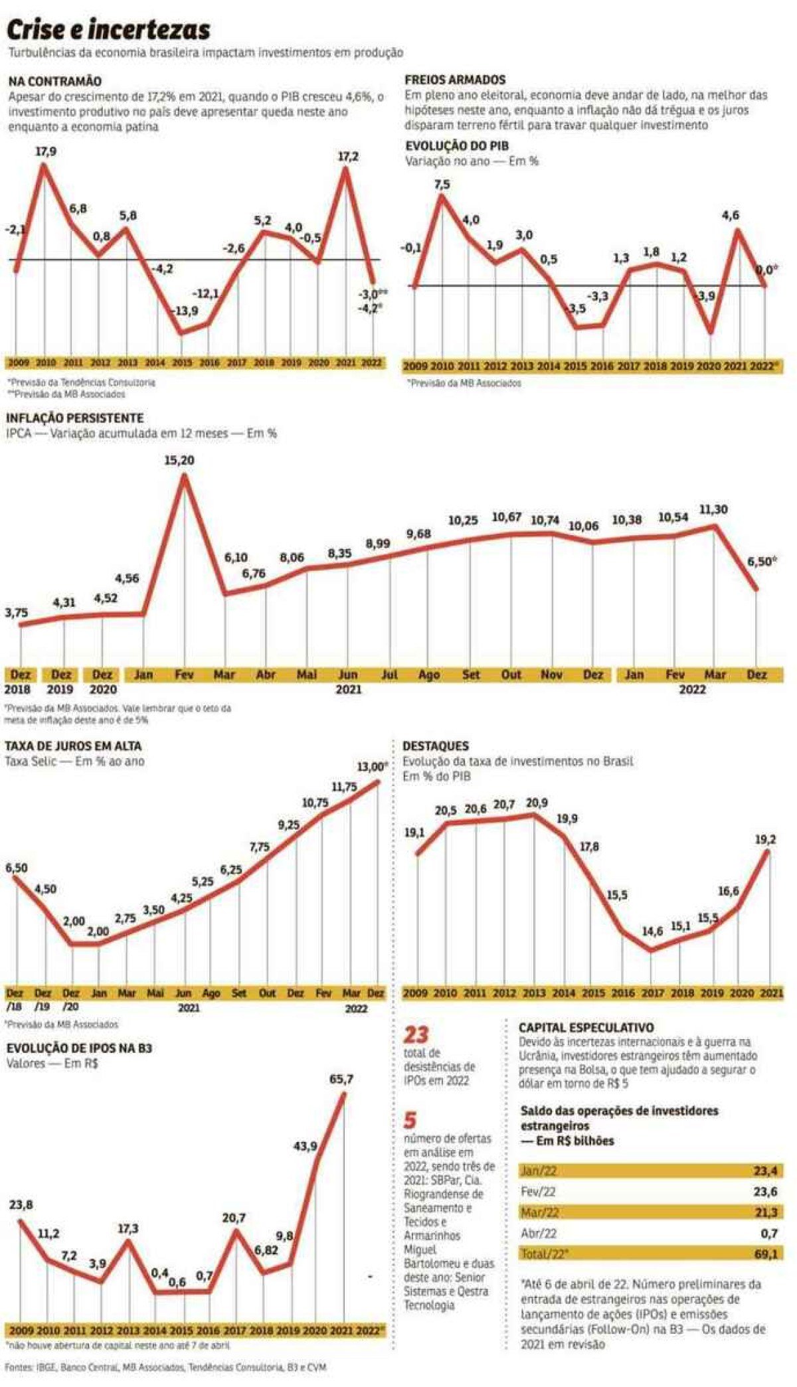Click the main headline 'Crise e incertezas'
point(108,30)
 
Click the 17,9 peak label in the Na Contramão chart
point(45,151)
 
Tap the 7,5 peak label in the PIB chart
point(442,184)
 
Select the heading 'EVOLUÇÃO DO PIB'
point(457,147)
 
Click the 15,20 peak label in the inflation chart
point(179,460)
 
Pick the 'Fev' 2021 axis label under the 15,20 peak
point(183,675)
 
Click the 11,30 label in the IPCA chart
point(713,510)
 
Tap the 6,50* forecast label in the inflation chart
point(762,562)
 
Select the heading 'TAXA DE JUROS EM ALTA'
point(73,746)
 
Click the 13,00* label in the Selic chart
point(372,767)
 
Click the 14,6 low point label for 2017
point(652,932)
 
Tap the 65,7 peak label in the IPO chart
point(341,1080)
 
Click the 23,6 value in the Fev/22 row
point(765,1192)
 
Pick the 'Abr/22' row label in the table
point(539,1234)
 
